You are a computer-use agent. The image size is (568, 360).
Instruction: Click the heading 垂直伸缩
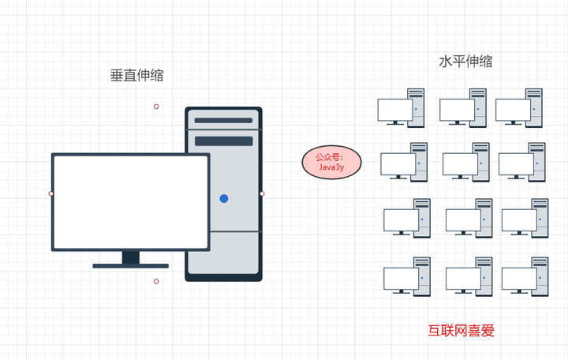click(137, 76)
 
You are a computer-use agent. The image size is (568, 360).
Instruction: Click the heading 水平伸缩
click(465, 62)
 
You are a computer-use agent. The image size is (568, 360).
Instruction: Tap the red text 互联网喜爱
click(461, 331)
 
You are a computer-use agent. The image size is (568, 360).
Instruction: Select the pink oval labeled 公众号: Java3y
click(331, 163)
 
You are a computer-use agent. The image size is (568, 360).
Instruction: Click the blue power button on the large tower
click(224, 198)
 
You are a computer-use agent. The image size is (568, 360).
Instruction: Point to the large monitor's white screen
click(131, 202)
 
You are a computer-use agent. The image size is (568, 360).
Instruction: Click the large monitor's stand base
click(131, 266)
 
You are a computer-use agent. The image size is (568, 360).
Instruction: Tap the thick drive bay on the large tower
click(224, 141)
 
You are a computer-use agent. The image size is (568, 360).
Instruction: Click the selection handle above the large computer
click(156, 107)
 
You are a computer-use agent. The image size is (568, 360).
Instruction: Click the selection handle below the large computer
click(156, 281)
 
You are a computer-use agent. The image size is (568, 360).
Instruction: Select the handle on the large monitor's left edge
click(51, 193)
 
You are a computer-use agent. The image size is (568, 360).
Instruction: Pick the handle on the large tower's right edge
click(262, 193)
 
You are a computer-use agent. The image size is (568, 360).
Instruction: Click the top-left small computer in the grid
click(401, 108)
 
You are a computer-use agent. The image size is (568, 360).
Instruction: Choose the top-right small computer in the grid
click(519, 108)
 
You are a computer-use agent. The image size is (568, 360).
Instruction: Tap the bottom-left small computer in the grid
click(407, 277)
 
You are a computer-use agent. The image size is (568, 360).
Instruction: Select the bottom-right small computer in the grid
click(525, 277)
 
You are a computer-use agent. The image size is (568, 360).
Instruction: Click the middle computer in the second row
click(466, 163)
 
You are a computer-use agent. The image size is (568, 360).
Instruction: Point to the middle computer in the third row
click(469, 218)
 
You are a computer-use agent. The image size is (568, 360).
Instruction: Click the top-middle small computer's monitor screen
click(457, 110)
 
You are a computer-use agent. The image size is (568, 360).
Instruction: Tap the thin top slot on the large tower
click(223, 120)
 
